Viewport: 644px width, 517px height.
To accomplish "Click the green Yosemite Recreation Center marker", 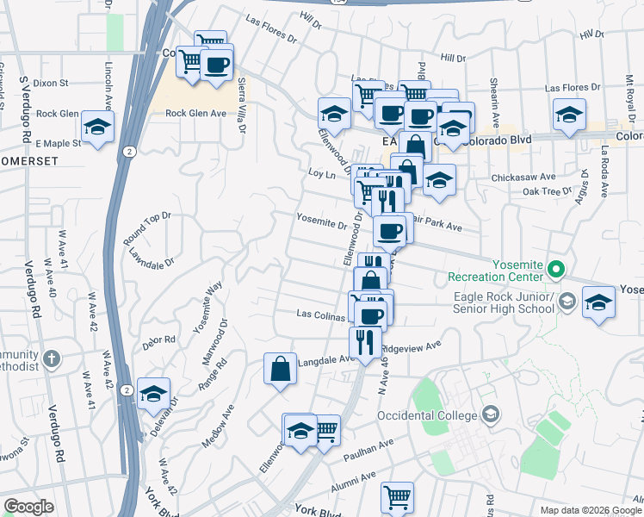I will (x=555, y=270).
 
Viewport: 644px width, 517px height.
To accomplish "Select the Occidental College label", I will (x=426, y=415).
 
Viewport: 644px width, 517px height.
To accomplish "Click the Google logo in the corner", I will (x=28, y=507).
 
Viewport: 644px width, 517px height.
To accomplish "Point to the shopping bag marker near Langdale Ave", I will (x=281, y=369).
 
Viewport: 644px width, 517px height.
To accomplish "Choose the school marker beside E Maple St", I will (x=98, y=128).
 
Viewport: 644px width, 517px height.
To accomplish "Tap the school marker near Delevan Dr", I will (x=153, y=395).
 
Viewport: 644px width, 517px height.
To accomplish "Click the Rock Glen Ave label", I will (x=195, y=113).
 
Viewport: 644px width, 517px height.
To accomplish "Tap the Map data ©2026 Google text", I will (x=591, y=510).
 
